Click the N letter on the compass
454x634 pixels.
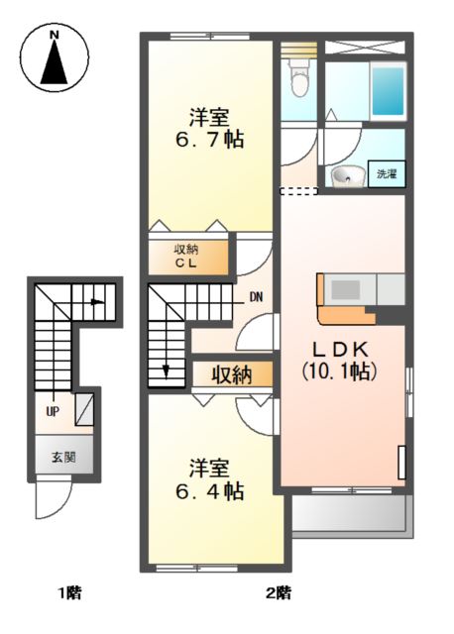click(x=55, y=36)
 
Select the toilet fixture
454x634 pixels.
click(x=299, y=79)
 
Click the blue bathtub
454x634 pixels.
click(x=388, y=91)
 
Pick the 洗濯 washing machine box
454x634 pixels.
click(x=387, y=174)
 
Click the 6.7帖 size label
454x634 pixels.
click(x=209, y=140)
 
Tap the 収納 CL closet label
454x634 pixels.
click(x=186, y=256)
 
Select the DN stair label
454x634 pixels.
click(x=256, y=297)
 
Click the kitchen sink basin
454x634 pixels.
click(x=346, y=289)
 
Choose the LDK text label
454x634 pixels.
click(x=340, y=349)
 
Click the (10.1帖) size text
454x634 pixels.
click(x=340, y=370)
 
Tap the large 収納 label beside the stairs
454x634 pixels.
click(x=232, y=374)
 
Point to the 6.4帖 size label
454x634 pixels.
click(x=209, y=491)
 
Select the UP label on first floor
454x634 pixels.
click(x=53, y=412)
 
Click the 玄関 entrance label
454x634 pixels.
click(x=63, y=458)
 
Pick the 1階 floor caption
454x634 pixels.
click(x=69, y=593)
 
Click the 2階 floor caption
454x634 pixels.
click(x=279, y=593)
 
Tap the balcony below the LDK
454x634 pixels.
click(x=348, y=513)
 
